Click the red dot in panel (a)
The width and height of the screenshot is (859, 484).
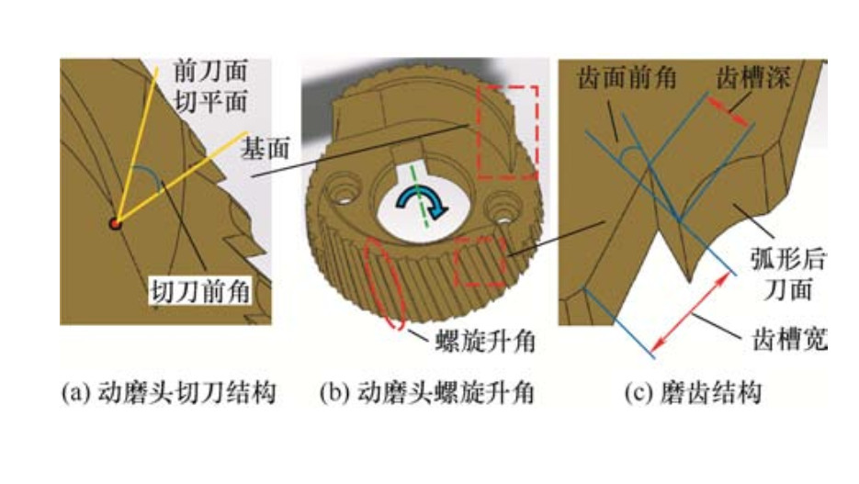(115, 223)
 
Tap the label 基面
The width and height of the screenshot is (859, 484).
(266, 149)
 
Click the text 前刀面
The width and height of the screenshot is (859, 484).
(210, 71)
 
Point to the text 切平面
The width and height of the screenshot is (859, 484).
(210, 101)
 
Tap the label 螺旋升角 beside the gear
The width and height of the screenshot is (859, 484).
(485, 343)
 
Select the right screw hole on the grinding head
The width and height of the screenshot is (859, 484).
(503, 210)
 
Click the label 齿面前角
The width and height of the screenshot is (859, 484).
(627, 78)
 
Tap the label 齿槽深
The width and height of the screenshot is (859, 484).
(752, 78)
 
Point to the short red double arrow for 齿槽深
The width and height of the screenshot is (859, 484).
(727, 111)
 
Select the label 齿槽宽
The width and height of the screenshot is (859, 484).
(789, 339)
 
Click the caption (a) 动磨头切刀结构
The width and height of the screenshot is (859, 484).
(168, 393)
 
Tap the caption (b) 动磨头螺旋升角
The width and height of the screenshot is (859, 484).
(427, 393)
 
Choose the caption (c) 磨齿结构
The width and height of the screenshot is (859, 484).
(693, 393)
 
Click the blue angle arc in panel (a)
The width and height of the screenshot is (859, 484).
(149, 175)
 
